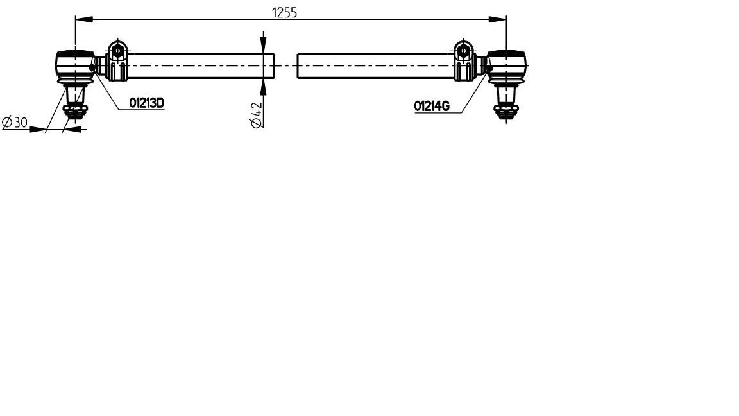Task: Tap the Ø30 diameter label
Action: tap(14, 123)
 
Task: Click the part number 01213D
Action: tap(146, 102)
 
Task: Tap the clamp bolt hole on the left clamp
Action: tap(117, 50)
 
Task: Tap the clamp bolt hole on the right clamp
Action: tap(464, 50)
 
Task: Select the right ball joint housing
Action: tap(508, 65)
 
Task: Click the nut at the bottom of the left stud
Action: tap(76, 113)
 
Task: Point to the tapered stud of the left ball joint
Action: tap(76, 96)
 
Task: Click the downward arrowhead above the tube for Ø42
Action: tap(264, 45)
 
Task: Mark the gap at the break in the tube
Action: tap(286, 65)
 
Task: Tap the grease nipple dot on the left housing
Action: tap(93, 66)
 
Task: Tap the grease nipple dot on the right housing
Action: tap(489, 67)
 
